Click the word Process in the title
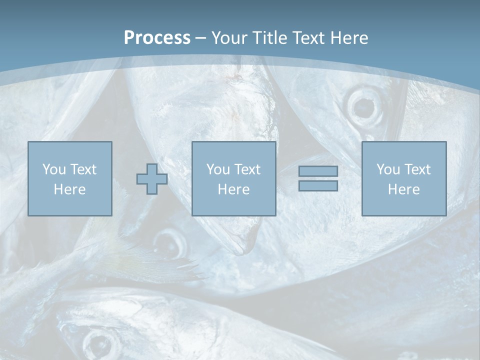(x=157, y=38)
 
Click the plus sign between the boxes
(x=152, y=179)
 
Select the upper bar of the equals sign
(x=318, y=171)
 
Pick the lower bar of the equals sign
(x=318, y=185)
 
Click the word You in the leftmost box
(x=53, y=169)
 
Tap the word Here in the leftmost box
(x=69, y=189)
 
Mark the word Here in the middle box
(x=233, y=189)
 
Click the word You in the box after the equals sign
(x=387, y=169)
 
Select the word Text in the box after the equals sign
(x=417, y=169)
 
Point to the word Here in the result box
(x=403, y=189)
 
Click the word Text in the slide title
(x=307, y=38)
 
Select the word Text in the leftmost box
(x=83, y=169)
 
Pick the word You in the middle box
(x=217, y=169)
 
